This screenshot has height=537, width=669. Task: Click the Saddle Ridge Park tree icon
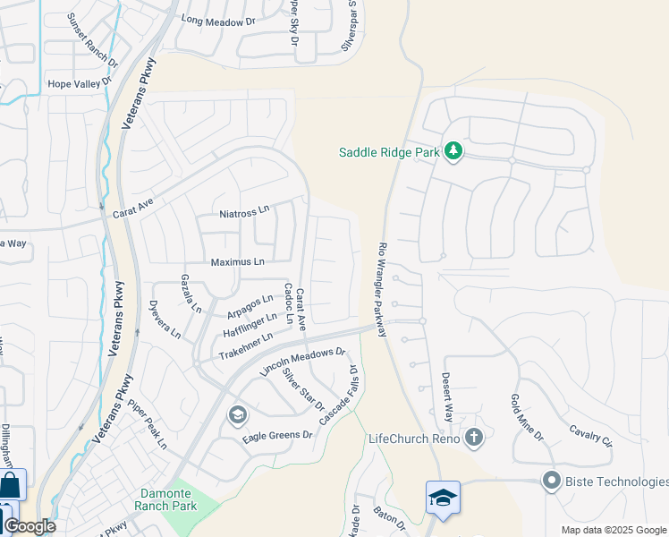453,151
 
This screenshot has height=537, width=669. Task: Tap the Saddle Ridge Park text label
389,152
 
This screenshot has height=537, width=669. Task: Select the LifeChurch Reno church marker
474,438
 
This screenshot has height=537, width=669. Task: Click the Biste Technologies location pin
550,482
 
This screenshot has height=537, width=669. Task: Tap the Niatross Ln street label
244,212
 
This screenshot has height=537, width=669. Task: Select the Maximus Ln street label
237,262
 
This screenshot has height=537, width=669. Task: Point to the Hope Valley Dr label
82,84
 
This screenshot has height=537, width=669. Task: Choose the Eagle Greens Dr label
278,436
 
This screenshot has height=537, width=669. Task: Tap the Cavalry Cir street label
590,435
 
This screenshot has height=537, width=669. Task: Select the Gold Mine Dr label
526,417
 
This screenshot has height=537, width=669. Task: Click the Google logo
30,526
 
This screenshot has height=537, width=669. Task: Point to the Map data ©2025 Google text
614,530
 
